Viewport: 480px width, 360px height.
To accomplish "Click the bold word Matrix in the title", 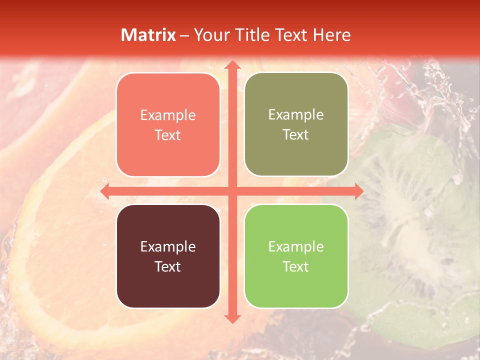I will (148, 35).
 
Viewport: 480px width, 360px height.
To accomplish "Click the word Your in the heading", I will (211, 35).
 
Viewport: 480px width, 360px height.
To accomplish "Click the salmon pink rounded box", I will (168, 124).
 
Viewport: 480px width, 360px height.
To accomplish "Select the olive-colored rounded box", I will (296, 124).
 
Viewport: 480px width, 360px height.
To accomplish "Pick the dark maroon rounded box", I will (168, 256).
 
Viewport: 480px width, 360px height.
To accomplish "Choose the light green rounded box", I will (296, 256).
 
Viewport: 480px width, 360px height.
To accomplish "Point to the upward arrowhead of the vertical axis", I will (232, 66).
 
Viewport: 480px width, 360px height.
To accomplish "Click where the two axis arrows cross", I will (232, 191).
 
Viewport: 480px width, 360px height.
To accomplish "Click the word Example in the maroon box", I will (168, 246).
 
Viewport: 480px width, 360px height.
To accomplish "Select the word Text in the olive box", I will (296, 135).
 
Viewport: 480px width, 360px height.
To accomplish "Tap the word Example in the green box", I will (296, 246).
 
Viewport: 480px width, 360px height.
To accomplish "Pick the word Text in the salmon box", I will (168, 135).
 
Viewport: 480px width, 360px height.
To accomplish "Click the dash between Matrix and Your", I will (184, 35).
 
